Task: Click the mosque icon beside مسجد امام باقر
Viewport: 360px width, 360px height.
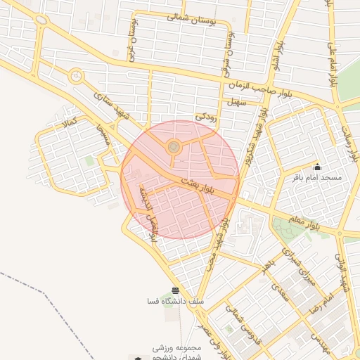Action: (318, 167)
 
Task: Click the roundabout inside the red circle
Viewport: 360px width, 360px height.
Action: (173, 146)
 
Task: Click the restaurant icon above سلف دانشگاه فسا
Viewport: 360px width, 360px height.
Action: (175, 290)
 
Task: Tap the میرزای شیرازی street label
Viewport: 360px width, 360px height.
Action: (295, 262)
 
